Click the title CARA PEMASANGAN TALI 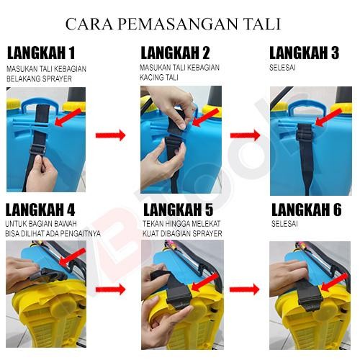pos(173,24)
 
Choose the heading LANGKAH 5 pos(178,210)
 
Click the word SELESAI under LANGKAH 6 pos(284,224)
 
